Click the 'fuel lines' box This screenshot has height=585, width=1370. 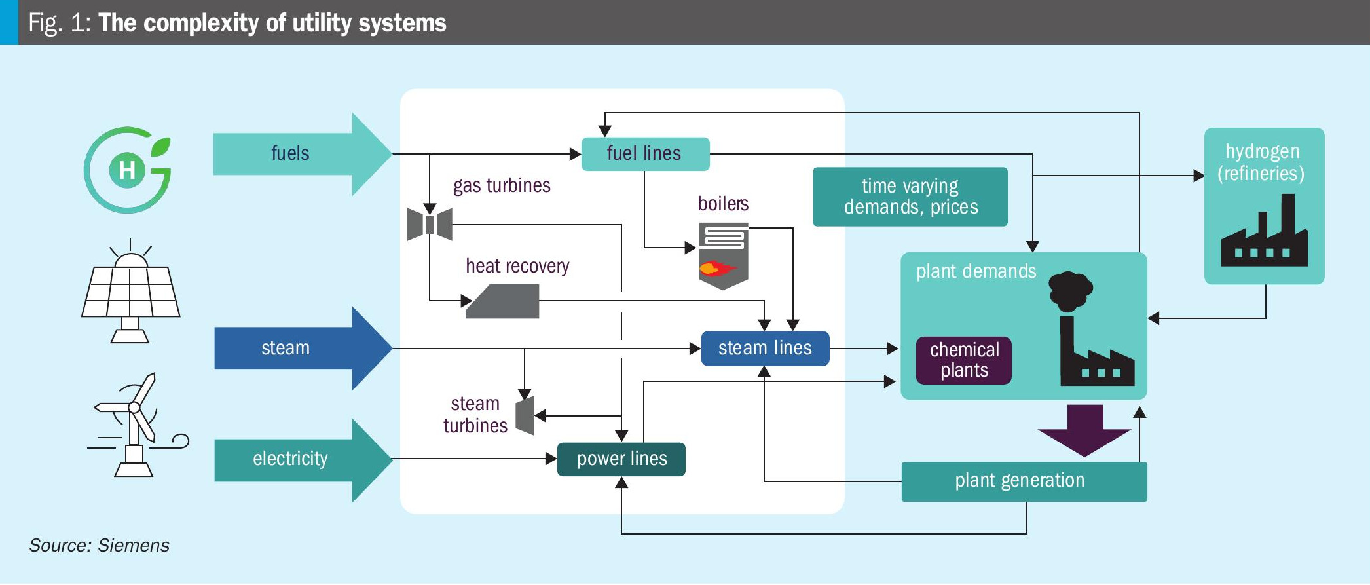645,154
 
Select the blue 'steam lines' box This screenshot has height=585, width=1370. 765,349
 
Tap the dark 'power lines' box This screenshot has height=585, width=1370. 621,459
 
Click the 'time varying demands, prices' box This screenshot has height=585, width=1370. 910,197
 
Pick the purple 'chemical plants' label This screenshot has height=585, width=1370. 964,360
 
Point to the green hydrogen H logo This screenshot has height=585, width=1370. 128,170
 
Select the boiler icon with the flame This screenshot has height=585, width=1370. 724,256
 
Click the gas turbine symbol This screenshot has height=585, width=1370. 430,224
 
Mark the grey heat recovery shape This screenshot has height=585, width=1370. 503,302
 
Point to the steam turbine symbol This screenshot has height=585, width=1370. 526,415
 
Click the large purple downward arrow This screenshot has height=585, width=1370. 1084,430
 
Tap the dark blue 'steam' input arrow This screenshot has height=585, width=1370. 301,349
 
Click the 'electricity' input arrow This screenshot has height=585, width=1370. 301,459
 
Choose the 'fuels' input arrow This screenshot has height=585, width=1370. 301,154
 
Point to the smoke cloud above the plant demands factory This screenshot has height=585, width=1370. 1070,290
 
